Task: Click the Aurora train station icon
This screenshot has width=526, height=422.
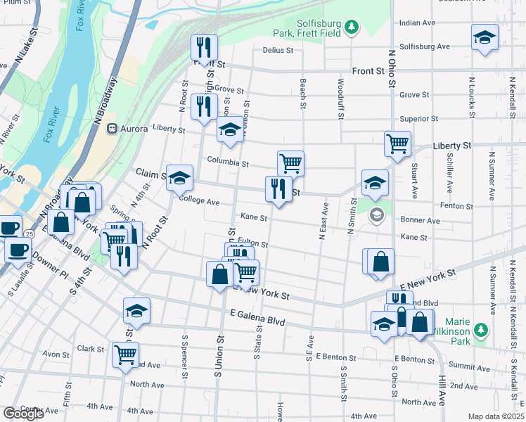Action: click(x=111, y=129)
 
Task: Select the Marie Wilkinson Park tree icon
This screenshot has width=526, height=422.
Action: click(x=481, y=330)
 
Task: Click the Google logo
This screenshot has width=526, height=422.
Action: click(x=23, y=414)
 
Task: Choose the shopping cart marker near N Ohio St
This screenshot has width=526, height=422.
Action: click(x=397, y=143)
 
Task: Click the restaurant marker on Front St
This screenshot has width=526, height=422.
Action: click(x=205, y=47)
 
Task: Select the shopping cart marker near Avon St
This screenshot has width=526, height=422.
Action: click(x=125, y=354)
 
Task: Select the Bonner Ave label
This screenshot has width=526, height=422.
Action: click(x=420, y=220)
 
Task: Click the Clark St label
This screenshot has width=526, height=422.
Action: click(x=91, y=349)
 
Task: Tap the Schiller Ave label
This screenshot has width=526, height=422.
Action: click(x=449, y=174)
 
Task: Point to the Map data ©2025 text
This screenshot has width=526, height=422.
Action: click(x=496, y=416)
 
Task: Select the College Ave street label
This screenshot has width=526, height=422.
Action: click(x=200, y=201)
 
